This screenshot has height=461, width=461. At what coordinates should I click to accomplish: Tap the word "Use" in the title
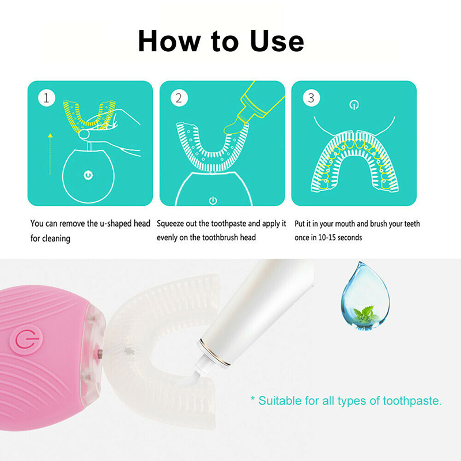[277, 41]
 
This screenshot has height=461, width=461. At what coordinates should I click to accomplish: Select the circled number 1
[47, 98]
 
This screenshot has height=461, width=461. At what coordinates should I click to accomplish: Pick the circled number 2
[179, 98]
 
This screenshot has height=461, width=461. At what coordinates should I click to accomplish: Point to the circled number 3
[311, 98]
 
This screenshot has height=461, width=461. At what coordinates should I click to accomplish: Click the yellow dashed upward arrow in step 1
[50, 154]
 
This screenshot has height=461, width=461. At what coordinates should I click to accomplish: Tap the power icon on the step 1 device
[88, 175]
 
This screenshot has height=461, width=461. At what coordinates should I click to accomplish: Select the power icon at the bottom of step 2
[213, 201]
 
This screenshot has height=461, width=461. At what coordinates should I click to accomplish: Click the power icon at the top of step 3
[354, 105]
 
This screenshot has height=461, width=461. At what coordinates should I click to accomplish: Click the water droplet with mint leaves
[365, 296]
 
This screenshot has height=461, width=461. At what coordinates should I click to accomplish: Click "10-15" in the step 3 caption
[327, 237]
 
